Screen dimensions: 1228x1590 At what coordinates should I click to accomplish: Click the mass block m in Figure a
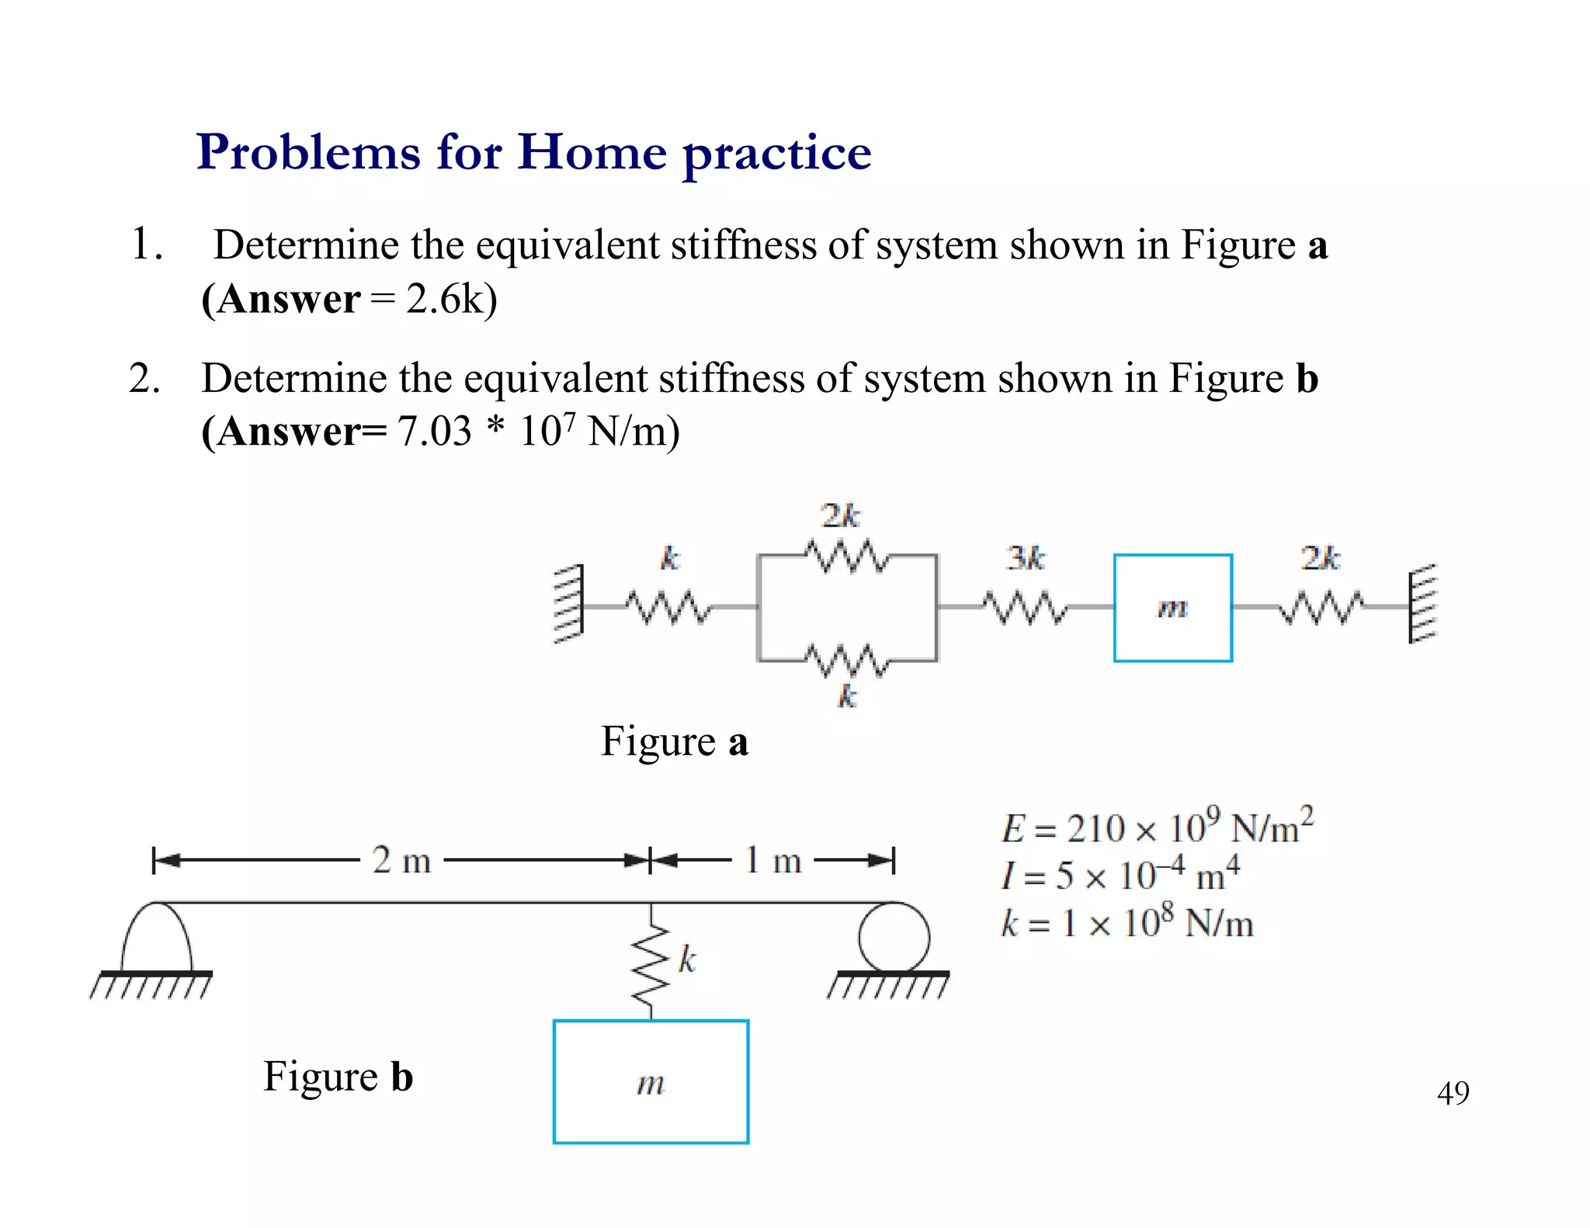click(1172, 608)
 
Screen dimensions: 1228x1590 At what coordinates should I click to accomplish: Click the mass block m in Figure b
click(651, 1081)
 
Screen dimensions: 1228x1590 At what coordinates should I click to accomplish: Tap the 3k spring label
click(1026, 558)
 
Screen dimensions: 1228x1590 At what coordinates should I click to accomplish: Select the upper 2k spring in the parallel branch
click(845, 555)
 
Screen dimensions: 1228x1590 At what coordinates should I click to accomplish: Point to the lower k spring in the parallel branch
click(845, 661)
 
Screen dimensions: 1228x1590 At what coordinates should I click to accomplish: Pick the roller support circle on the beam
click(894, 937)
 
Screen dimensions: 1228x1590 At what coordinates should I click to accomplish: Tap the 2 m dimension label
click(401, 860)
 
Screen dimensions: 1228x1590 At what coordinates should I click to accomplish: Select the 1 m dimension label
click(772, 860)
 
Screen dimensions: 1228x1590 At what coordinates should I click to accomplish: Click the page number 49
click(1453, 1093)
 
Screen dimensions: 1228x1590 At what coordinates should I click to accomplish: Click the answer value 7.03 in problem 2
click(435, 432)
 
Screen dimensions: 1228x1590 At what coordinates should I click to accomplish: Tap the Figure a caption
click(674, 741)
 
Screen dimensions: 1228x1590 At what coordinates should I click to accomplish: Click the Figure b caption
click(338, 1077)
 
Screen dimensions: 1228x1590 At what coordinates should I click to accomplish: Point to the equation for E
click(1157, 827)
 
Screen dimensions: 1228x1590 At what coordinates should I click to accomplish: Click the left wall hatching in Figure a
click(568, 605)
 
